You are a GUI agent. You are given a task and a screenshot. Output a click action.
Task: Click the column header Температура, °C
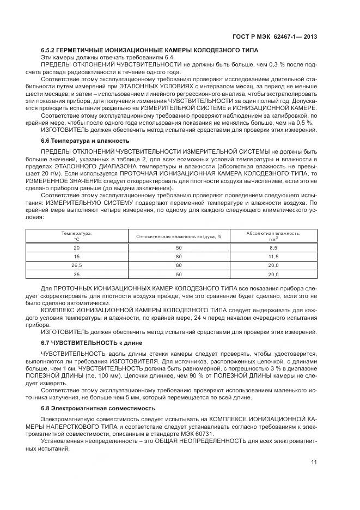click(x=76, y=236)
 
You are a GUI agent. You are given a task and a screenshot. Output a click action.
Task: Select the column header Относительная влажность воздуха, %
click(x=179, y=236)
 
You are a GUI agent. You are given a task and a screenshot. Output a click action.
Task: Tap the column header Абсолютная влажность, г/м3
click(x=273, y=236)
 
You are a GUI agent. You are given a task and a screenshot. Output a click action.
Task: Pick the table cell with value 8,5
click(x=273, y=248)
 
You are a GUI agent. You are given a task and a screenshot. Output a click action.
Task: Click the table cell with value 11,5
click(x=273, y=257)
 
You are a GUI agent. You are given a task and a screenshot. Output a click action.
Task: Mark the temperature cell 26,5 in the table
click(x=76, y=265)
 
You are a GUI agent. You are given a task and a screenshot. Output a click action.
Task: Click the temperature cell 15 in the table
click(x=76, y=257)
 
